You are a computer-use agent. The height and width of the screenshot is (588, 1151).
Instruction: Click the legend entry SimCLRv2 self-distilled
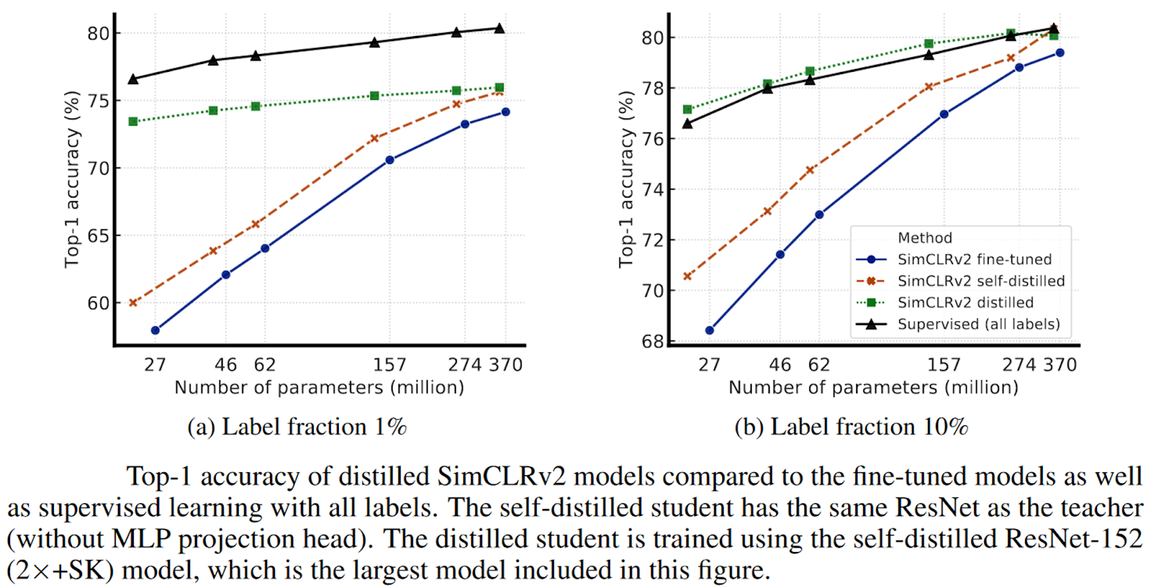point(981,281)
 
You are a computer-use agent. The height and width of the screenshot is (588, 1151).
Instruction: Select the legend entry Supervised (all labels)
point(978,324)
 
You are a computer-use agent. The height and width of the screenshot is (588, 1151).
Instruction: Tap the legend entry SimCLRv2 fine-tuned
point(974,259)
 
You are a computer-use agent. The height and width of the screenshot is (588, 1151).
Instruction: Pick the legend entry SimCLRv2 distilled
point(965,303)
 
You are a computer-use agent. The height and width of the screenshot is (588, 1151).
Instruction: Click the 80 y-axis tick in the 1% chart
point(99,34)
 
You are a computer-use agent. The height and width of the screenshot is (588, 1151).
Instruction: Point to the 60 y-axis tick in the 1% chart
point(99,303)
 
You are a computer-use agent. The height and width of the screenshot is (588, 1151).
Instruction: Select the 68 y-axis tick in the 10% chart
point(652,341)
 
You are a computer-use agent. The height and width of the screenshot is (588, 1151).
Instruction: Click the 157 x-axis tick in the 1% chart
point(389,365)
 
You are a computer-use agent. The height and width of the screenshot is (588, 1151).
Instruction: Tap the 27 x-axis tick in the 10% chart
point(709,365)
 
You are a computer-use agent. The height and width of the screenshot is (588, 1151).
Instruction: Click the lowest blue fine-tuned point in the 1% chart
point(155,331)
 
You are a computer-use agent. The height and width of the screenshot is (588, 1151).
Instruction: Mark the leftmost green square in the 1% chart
point(133,121)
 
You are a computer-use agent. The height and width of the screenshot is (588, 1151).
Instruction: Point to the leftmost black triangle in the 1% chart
point(133,78)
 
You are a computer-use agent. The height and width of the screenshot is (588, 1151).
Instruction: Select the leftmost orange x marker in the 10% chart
point(687,276)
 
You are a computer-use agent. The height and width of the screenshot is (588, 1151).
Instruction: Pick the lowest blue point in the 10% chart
point(710,331)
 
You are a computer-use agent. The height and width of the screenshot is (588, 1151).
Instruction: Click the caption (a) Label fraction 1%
point(296,427)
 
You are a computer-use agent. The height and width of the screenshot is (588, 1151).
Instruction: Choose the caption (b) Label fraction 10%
point(851,427)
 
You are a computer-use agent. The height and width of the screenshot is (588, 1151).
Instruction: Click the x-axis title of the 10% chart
point(873,388)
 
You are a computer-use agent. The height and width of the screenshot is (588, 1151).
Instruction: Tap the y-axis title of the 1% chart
point(72,180)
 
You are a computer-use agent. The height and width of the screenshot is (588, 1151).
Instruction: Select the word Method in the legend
point(924,238)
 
